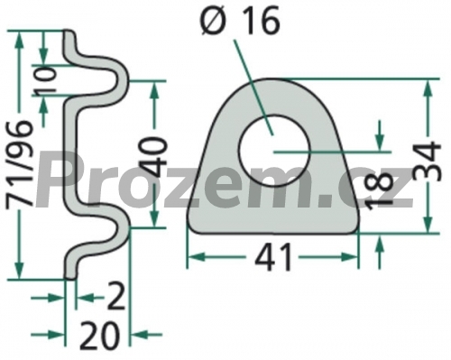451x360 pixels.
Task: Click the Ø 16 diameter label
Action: pyautogui.click(x=241, y=20)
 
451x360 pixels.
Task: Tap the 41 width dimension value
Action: pyautogui.click(x=273, y=257)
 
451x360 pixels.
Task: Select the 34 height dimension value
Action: pyautogui.click(x=427, y=161)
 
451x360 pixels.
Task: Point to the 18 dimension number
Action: pyautogui.click(x=380, y=191)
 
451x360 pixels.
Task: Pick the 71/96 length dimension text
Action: pyautogui.click(x=20, y=162)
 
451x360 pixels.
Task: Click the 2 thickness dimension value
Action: pyautogui.click(x=115, y=298)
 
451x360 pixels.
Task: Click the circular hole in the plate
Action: pyautogui.click(x=274, y=151)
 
